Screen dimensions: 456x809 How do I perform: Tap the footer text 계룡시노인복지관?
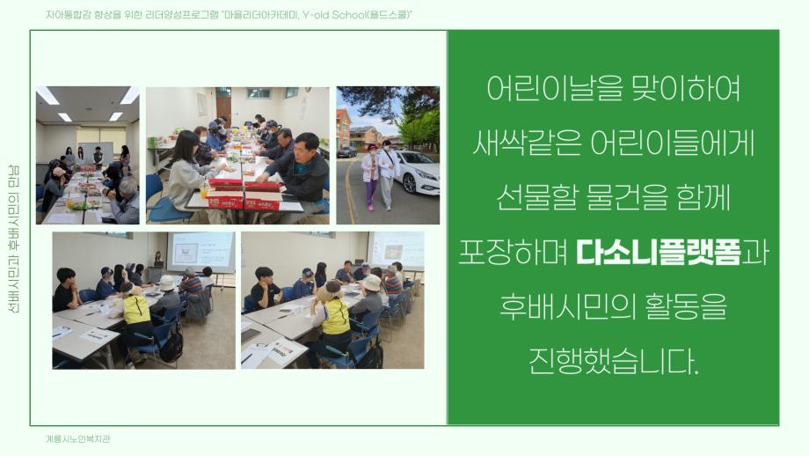[78, 438]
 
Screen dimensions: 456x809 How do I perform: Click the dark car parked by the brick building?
[346, 151]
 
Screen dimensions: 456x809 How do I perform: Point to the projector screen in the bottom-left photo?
[200, 251]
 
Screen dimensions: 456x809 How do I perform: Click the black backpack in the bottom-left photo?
[171, 346]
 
